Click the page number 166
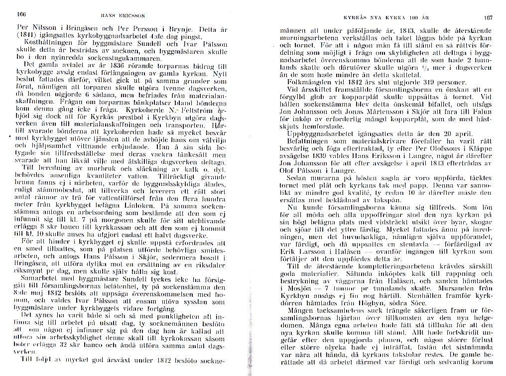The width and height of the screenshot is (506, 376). coord(22,14)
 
